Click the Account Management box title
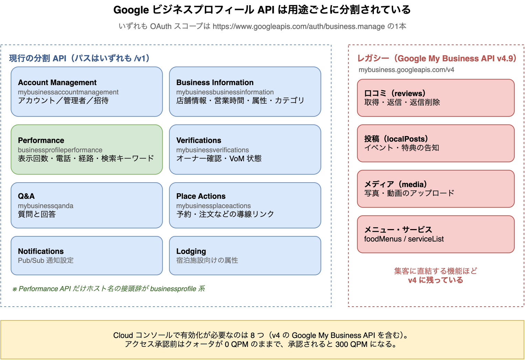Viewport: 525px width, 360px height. click(57, 83)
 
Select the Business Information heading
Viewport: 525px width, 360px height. click(215, 83)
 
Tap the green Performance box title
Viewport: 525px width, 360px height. click(41, 140)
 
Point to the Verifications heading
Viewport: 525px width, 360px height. click(199, 140)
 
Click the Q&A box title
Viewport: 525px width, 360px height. click(26, 196)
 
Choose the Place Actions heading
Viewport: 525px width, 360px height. click(201, 196)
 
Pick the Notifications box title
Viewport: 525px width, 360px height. click(41, 251)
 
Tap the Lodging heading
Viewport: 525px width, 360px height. click(191, 251)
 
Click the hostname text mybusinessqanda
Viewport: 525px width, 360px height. click(46, 206)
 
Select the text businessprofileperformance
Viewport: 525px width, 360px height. click(60, 150)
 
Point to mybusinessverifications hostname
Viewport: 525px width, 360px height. click(212, 150)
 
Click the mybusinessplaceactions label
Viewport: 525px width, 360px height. click(213, 206)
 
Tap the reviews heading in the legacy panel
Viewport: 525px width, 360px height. click(395, 93)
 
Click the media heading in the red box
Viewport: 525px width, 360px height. click(396, 184)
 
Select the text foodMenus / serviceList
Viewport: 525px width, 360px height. click(404, 239)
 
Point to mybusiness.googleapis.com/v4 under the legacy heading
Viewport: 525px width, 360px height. click(407, 70)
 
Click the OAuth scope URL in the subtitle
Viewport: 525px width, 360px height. click(298, 27)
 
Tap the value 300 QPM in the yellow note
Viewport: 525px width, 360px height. click(351, 344)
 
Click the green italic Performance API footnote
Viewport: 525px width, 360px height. click(109, 289)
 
